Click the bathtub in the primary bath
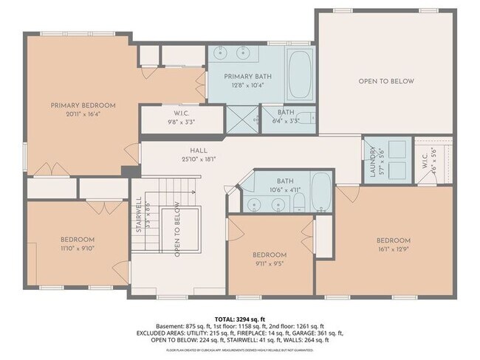coord(300,75)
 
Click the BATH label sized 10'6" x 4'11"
coord(284,180)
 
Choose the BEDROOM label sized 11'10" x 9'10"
coord(77,240)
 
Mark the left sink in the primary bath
coord(224,53)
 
